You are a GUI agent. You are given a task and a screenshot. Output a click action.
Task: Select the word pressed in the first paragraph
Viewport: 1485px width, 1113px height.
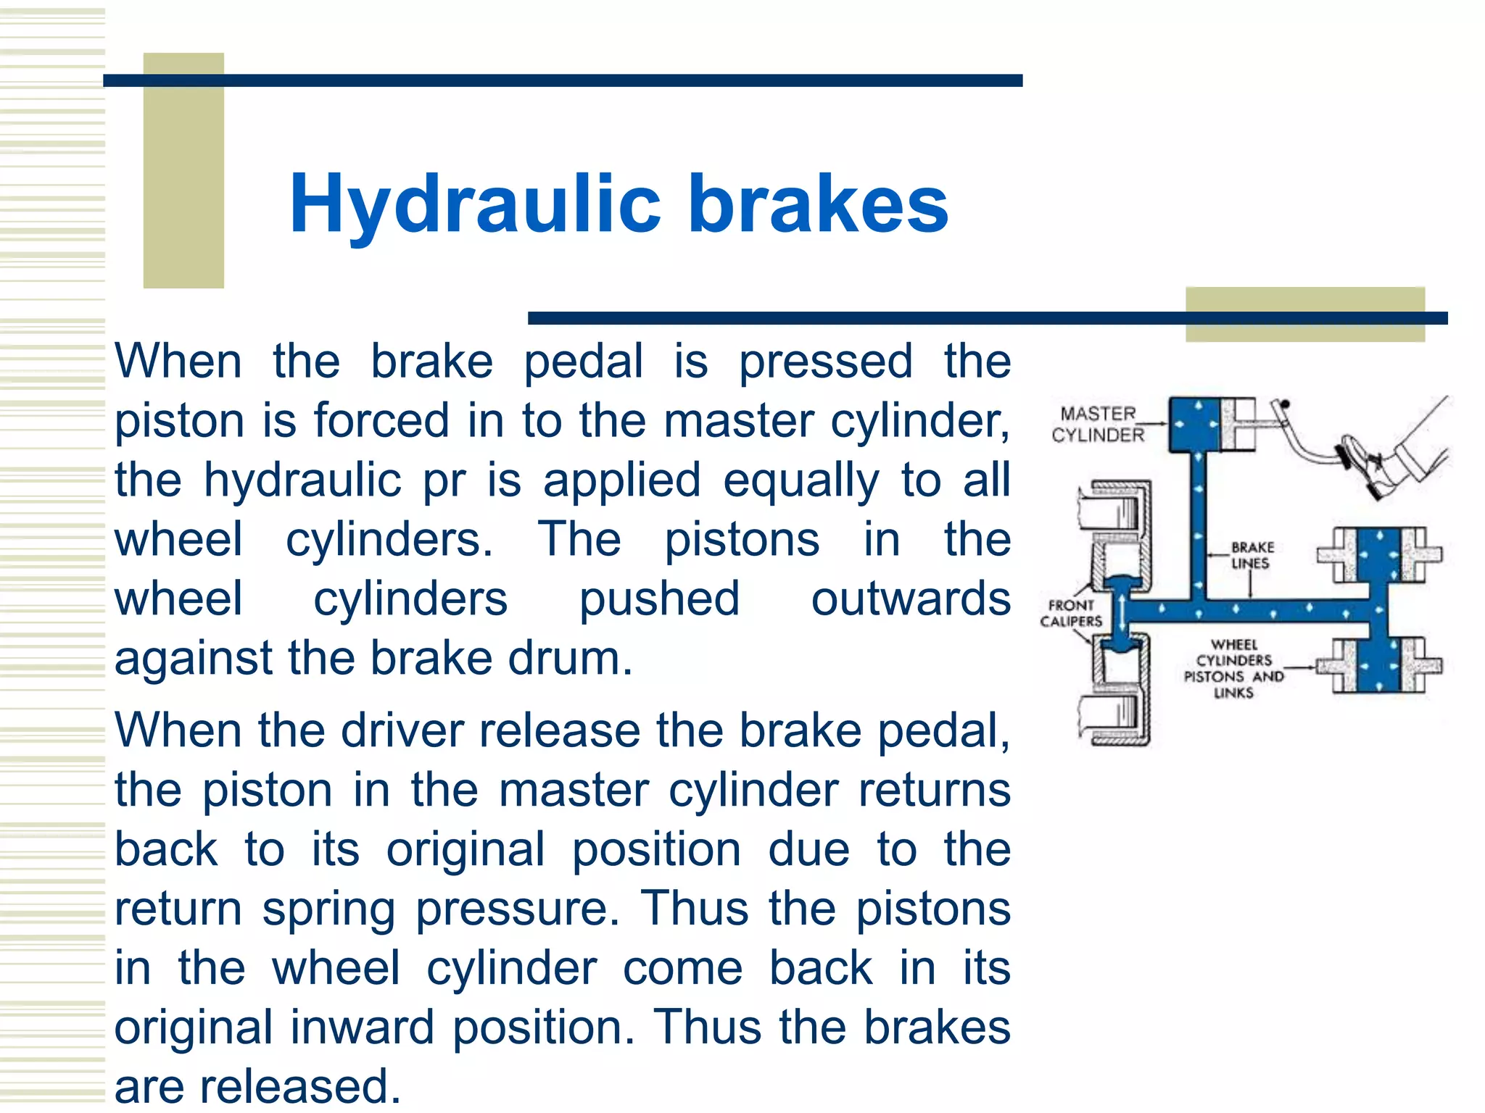click(826, 362)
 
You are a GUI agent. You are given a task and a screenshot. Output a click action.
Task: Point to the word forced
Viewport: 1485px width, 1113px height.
click(381, 421)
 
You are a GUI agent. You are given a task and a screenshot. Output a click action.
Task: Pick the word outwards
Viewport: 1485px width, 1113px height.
click(911, 599)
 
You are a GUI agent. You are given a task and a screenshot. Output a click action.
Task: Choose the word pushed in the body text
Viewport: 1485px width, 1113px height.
click(659, 599)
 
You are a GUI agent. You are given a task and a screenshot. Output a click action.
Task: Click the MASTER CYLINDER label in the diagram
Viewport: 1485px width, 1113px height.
click(1098, 425)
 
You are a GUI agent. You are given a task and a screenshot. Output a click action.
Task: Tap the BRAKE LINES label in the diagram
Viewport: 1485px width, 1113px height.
click(1252, 556)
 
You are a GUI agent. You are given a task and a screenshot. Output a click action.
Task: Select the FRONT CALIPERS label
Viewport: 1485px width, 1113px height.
click(1071, 614)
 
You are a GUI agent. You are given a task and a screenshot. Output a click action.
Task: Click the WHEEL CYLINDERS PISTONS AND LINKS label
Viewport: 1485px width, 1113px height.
click(1233, 669)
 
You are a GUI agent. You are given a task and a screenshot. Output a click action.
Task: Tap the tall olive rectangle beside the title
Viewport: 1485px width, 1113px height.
click(183, 171)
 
